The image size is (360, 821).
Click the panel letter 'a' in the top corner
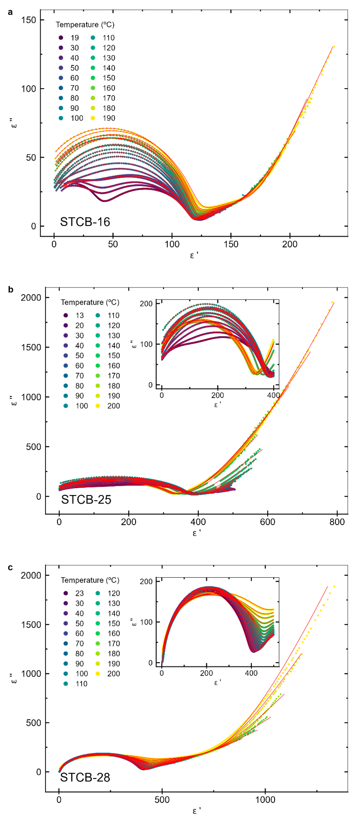click(11, 12)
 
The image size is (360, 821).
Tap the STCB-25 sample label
click(86, 499)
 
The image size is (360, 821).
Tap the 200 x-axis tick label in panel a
click(290, 245)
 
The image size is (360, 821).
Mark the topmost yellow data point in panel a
click(334, 47)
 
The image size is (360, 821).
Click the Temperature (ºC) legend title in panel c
click(90, 580)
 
